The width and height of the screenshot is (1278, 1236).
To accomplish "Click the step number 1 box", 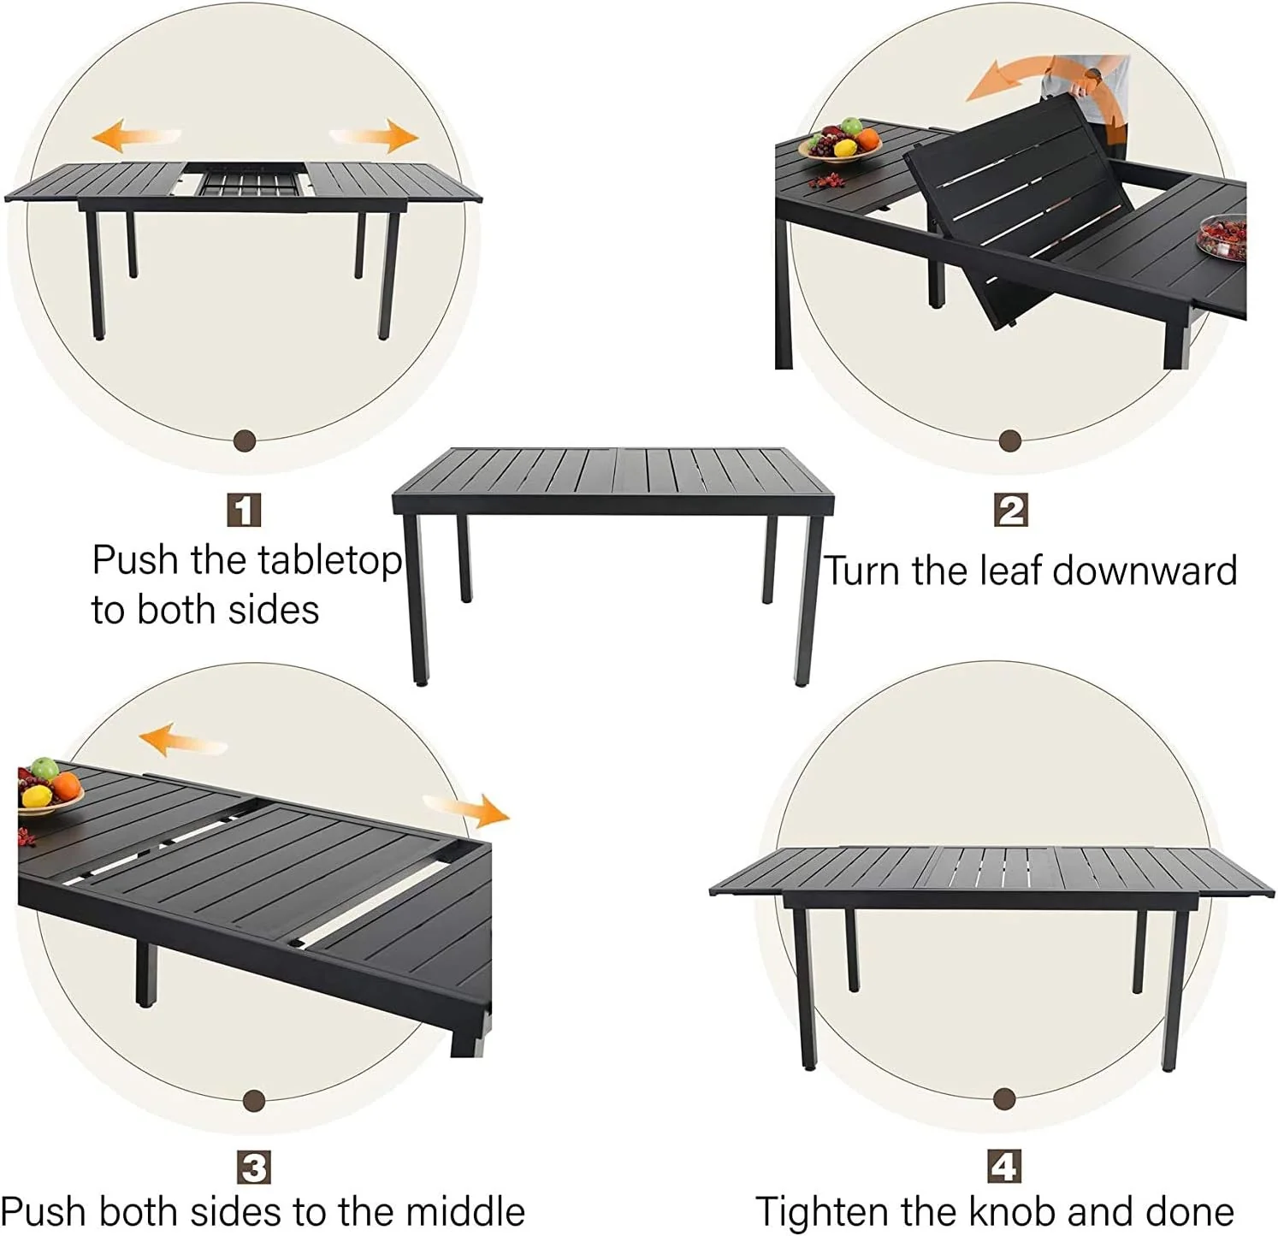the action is click(x=244, y=511).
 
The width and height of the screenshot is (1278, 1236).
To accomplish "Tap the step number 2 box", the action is click(x=1010, y=511).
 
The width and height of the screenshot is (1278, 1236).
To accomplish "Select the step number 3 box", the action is click(x=253, y=1168).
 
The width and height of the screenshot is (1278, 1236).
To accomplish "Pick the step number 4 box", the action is click(x=1003, y=1166).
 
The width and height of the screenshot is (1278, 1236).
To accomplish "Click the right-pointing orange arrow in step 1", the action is click(x=375, y=135).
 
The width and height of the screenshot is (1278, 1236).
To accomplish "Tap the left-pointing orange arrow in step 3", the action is click(x=182, y=739).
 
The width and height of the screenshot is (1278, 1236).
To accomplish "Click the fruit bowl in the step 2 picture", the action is click(x=839, y=142).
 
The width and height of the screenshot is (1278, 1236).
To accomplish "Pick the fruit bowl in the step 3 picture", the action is click(x=47, y=790).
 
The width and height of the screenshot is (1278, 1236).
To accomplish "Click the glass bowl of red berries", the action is click(x=1222, y=237).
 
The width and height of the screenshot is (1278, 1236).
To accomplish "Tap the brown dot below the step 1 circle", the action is click(x=245, y=441).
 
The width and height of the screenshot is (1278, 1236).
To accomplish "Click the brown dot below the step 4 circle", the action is click(x=1005, y=1099).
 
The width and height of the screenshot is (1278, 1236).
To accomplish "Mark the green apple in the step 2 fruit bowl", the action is click(x=851, y=126).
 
